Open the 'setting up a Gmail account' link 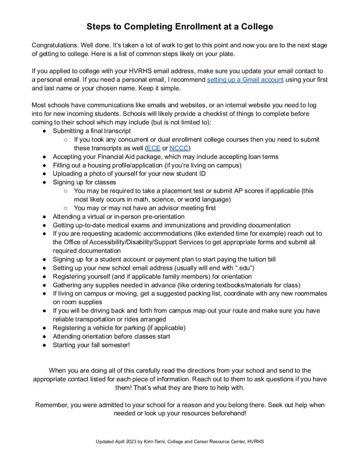pyautogui.click(x=245, y=80)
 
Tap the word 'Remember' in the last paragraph pyautogui.click(x=51, y=405)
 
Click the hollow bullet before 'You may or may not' pyautogui.click(x=66, y=208)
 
